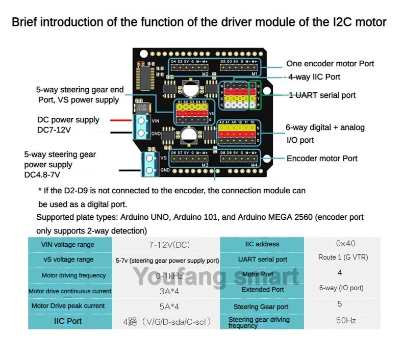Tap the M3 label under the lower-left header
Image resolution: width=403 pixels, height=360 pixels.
(205, 164)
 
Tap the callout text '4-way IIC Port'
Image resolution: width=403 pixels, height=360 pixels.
(314, 77)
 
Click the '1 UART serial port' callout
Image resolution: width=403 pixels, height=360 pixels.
(322, 95)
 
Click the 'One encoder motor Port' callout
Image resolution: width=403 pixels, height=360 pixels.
(330, 64)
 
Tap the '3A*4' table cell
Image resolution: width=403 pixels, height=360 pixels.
(169, 291)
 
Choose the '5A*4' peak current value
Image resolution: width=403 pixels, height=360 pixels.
(169, 306)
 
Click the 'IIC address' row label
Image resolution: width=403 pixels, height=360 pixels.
(263, 244)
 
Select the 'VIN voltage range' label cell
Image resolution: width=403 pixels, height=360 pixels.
(68, 244)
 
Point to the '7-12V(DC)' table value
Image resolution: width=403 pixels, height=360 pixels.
(169, 245)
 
